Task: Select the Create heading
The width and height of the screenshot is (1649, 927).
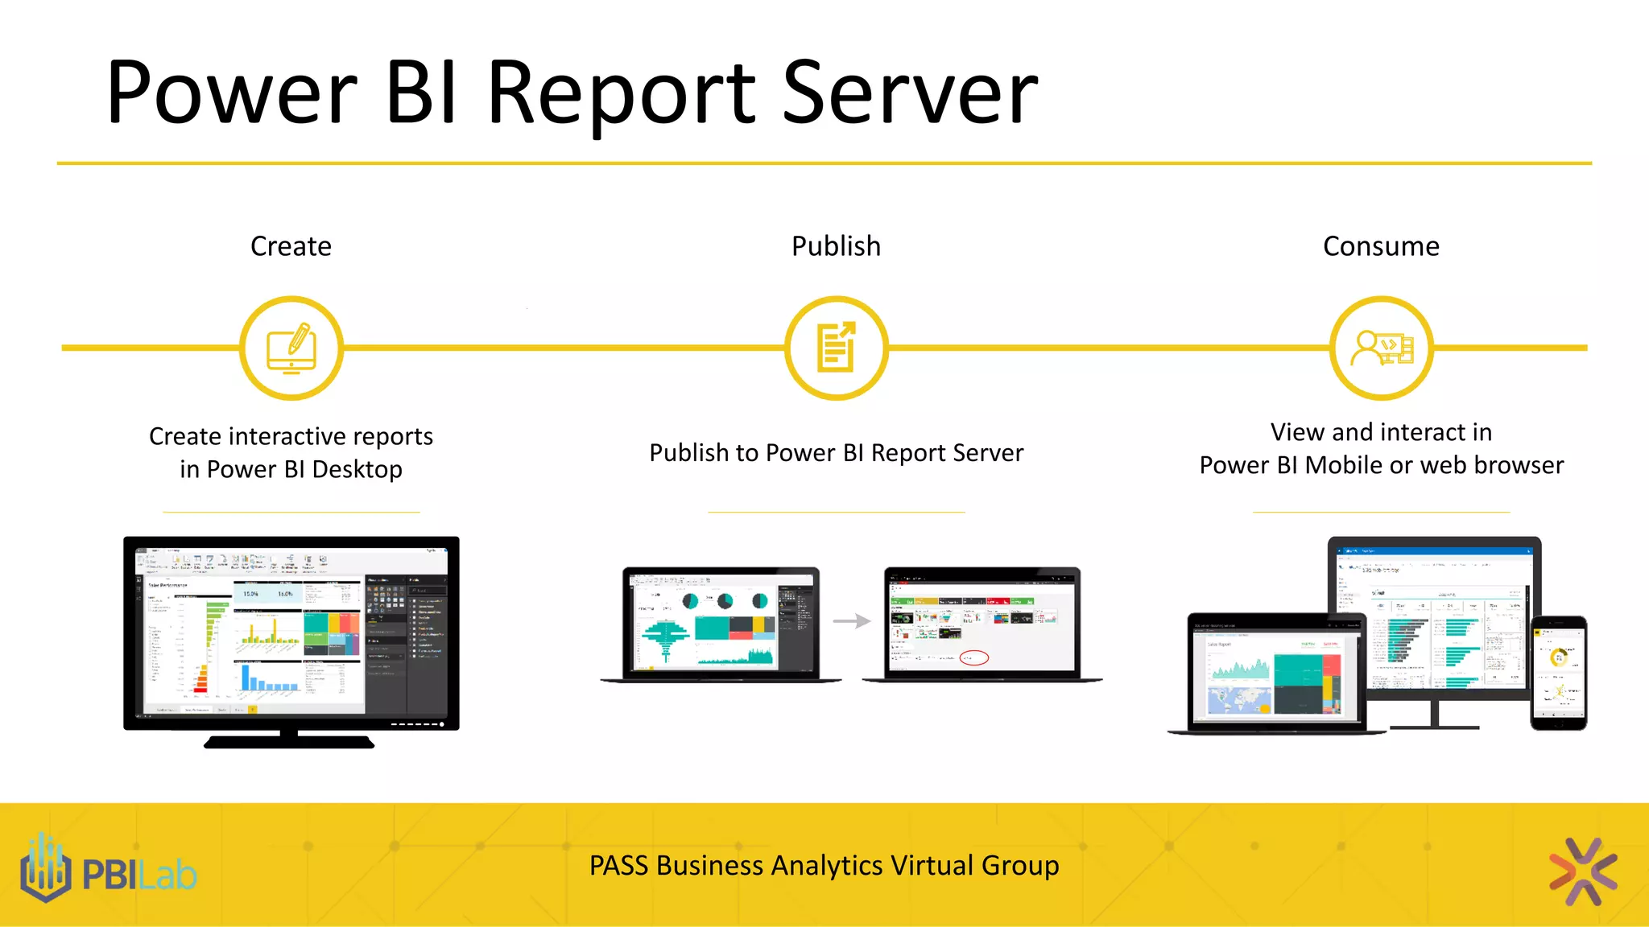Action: pos(291,246)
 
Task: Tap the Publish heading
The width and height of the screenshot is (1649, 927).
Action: pos(836,246)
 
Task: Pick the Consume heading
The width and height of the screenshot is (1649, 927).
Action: pos(1381,246)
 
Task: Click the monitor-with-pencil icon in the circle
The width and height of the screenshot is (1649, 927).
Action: pos(291,348)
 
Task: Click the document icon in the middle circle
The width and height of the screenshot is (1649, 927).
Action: pos(836,348)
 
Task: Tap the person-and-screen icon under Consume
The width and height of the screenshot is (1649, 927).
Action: pos(1381,348)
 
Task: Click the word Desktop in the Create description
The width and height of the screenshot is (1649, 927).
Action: pos(357,469)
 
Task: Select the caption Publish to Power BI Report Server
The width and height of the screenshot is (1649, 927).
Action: pos(836,453)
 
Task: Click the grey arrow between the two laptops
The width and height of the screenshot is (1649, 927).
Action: pos(852,621)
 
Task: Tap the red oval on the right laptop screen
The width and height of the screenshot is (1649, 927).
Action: pos(974,657)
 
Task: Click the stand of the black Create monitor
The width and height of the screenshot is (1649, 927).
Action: pos(289,738)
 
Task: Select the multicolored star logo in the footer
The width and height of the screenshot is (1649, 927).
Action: pos(1582,871)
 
